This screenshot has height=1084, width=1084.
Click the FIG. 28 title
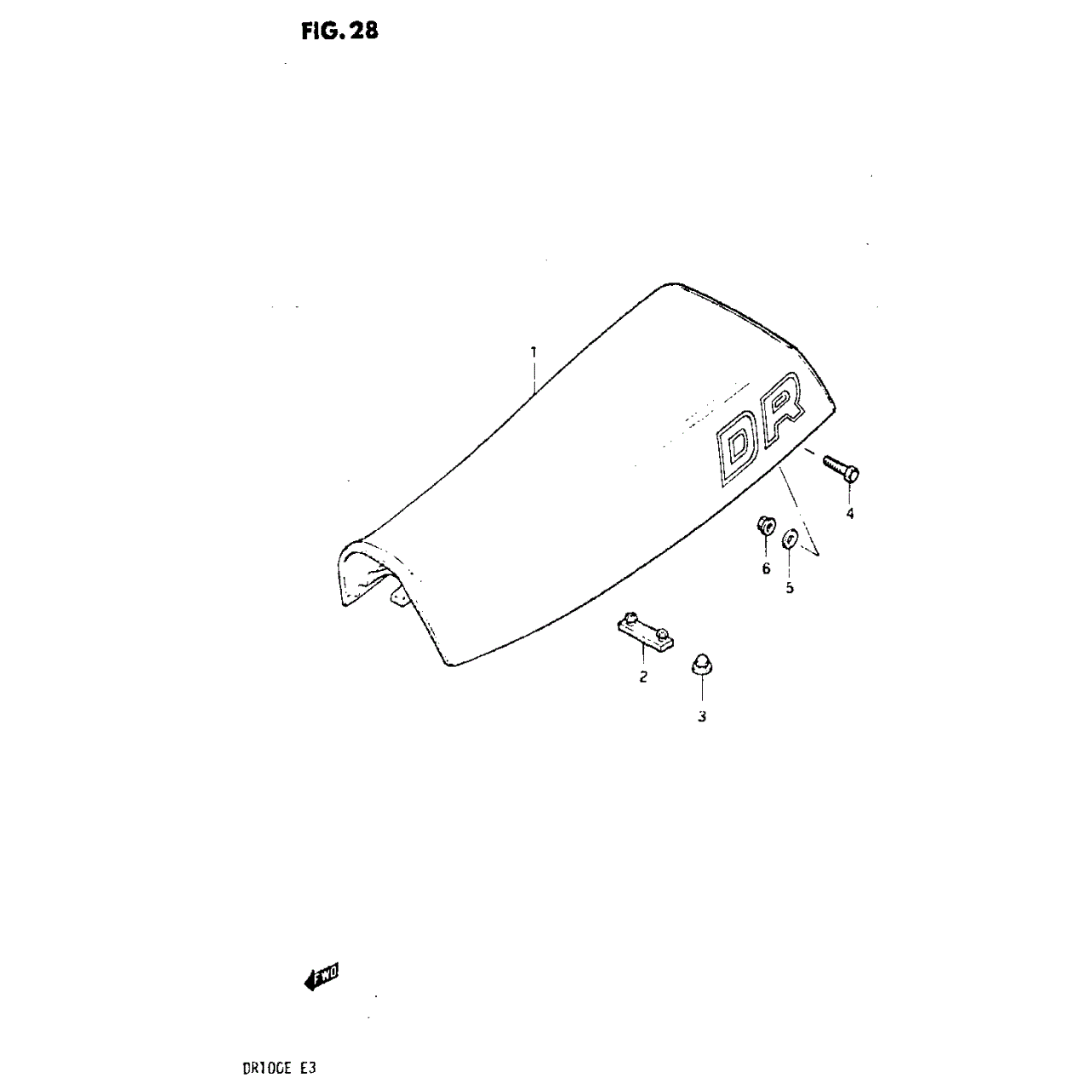[x=339, y=31]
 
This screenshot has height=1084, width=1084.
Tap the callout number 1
[x=533, y=352]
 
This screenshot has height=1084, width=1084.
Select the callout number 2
[x=643, y=676]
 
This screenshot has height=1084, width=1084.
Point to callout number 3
[x=701, y=717]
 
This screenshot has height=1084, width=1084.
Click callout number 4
[x=849, y=514]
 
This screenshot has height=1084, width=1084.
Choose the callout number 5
[x=790, y=589]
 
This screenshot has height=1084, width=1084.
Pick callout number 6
[x=766, y=568]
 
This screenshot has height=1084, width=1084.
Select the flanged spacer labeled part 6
[x=764, y=526]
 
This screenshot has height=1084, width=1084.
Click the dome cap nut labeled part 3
[x=699, y=664]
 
